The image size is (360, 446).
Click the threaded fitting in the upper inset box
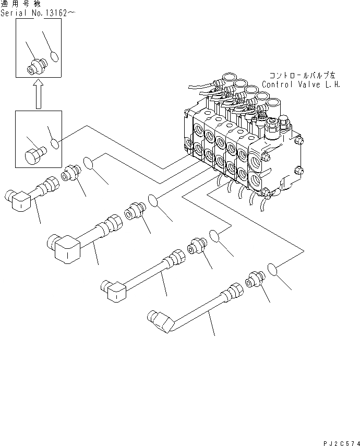(37, 66)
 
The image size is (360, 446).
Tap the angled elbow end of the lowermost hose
(161, 319)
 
